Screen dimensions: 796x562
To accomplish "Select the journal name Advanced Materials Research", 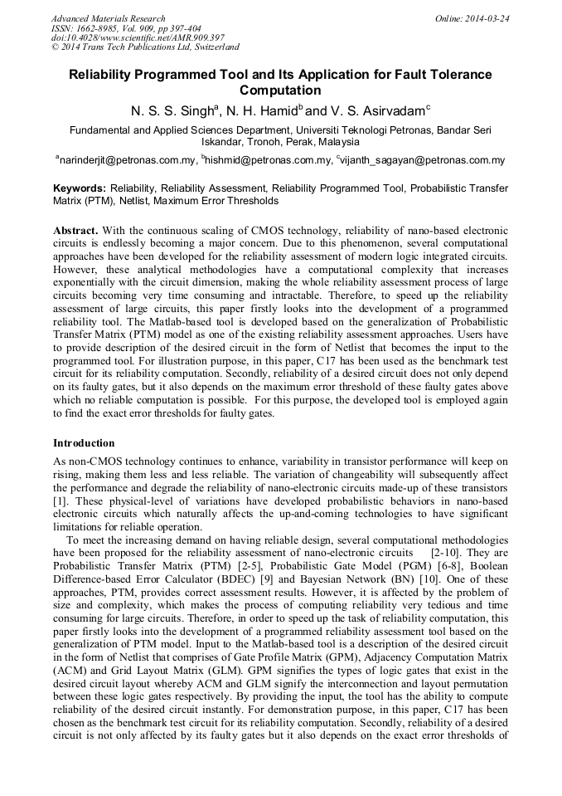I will pos(108,18).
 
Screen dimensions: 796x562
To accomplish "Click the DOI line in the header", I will pos(138,38).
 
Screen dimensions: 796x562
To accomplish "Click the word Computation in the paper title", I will pos(279,90).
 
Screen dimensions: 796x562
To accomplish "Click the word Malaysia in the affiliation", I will pos(332,142).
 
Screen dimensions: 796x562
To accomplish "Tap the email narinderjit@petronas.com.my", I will pos(128,161).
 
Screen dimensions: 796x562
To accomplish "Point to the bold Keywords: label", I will pos(80,188).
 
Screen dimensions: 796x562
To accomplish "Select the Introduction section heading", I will pos(84,443).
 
